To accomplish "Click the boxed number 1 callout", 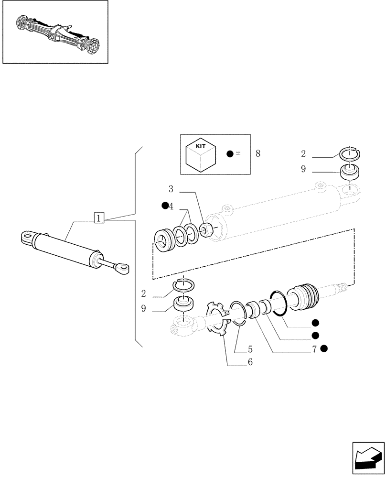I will pyautogui.click(x=98, y=218).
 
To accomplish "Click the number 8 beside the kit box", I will pyautogui.click(x=258, y=153).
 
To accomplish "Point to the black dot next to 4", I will pyautogui.click(x=165, y=206).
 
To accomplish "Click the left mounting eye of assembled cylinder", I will pyautogui.click(x=29, y=238).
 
